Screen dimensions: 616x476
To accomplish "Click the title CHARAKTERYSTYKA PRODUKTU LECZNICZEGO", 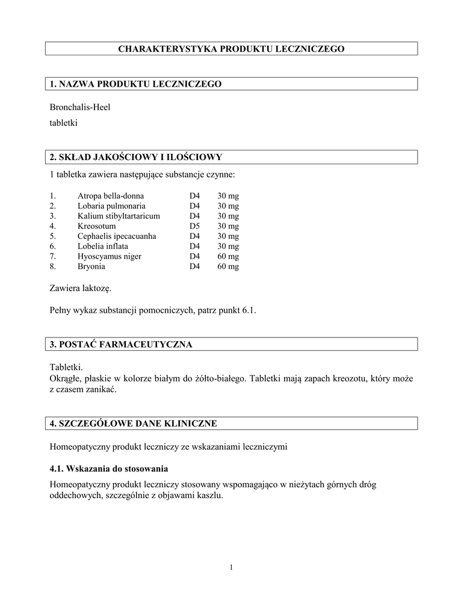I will (x=231, y=49).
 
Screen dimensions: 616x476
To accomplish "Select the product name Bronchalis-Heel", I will (x=80, y=107).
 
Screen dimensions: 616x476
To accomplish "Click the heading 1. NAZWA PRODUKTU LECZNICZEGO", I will (x=136, y=84).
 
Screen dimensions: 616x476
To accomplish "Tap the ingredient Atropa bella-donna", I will (x=111, y=196).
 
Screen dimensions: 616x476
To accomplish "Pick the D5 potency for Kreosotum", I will (x=194, y=226).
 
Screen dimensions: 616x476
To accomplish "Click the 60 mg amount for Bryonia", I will (x=228, y=266).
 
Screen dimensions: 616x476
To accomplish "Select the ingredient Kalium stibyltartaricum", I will (x=119, y=216).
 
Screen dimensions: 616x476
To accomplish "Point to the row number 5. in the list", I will (x=53, y=236).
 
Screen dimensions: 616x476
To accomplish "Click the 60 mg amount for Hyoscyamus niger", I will (x=228, y=256).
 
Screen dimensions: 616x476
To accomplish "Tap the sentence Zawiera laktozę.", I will (x=80, y=289).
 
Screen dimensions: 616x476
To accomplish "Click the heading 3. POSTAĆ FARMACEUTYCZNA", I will (x=121, y=345).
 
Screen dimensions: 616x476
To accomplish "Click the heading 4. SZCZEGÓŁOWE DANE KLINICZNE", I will (x=133, y=424).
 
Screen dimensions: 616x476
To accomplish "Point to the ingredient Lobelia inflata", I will (x=102, y=246).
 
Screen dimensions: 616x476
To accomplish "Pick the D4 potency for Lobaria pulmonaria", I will (x=194, y=206).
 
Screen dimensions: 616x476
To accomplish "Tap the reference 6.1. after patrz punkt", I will (x=249, y=311).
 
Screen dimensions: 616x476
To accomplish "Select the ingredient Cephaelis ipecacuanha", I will (x=117, y=236).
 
